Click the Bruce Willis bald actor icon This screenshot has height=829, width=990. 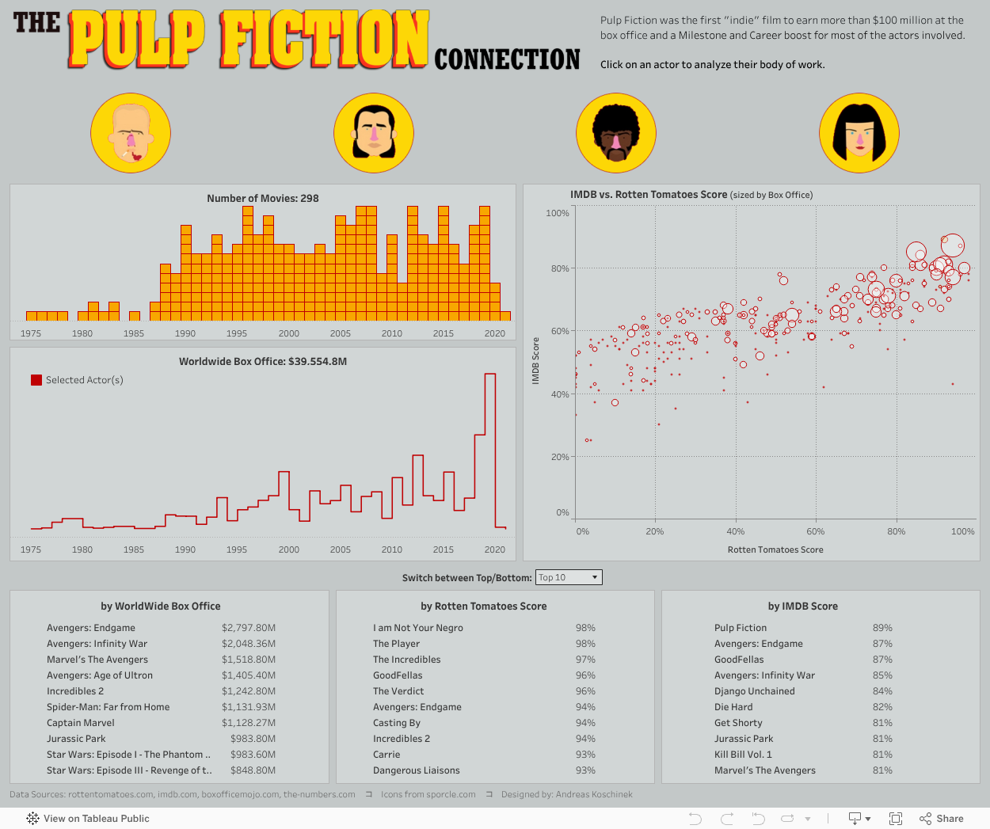131,133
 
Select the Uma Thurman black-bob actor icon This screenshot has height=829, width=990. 859,133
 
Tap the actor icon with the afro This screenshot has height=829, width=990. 615,133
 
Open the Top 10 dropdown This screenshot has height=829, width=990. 569,577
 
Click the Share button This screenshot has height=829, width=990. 942,819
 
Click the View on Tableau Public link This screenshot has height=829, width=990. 88,819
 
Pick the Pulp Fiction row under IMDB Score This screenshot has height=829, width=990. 741,628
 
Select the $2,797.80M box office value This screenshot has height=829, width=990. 249,628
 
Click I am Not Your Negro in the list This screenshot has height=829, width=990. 418,628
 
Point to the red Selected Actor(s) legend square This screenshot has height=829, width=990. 36,380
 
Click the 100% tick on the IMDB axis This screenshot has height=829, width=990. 558,213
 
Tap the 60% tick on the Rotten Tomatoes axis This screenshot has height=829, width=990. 816,531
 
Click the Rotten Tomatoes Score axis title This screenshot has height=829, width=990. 775,549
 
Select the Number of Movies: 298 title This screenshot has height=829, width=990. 263,198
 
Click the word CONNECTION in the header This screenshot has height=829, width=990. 507,59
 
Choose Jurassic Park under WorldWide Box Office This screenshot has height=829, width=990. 76,739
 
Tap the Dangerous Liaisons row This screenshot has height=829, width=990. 417,770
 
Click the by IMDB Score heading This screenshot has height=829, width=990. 802,607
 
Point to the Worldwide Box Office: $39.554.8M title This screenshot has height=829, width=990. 263,362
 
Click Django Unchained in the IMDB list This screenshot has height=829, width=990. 755,691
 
